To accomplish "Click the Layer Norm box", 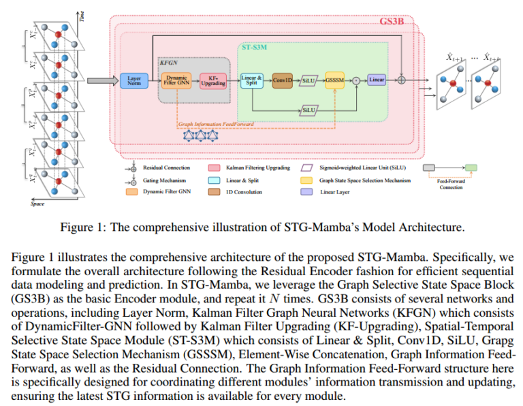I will [133, 81].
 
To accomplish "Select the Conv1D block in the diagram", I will [282, 80].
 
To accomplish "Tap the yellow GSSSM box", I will [334, 80].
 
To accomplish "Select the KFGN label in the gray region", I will [168, 61].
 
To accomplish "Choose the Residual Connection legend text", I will [166, 167].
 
